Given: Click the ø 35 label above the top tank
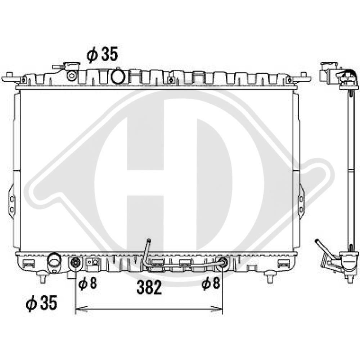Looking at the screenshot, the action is point(102,54).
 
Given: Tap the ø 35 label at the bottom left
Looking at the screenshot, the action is point(41,303).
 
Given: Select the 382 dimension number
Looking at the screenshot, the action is point(149,287).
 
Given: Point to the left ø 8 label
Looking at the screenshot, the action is point(88,283).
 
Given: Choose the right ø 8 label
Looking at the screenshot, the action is point(211,283).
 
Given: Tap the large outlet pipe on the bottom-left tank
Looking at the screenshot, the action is point(54,262).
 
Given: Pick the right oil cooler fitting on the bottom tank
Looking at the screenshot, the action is point(222,261).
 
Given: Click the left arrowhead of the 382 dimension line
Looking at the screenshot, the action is point(81,309).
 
